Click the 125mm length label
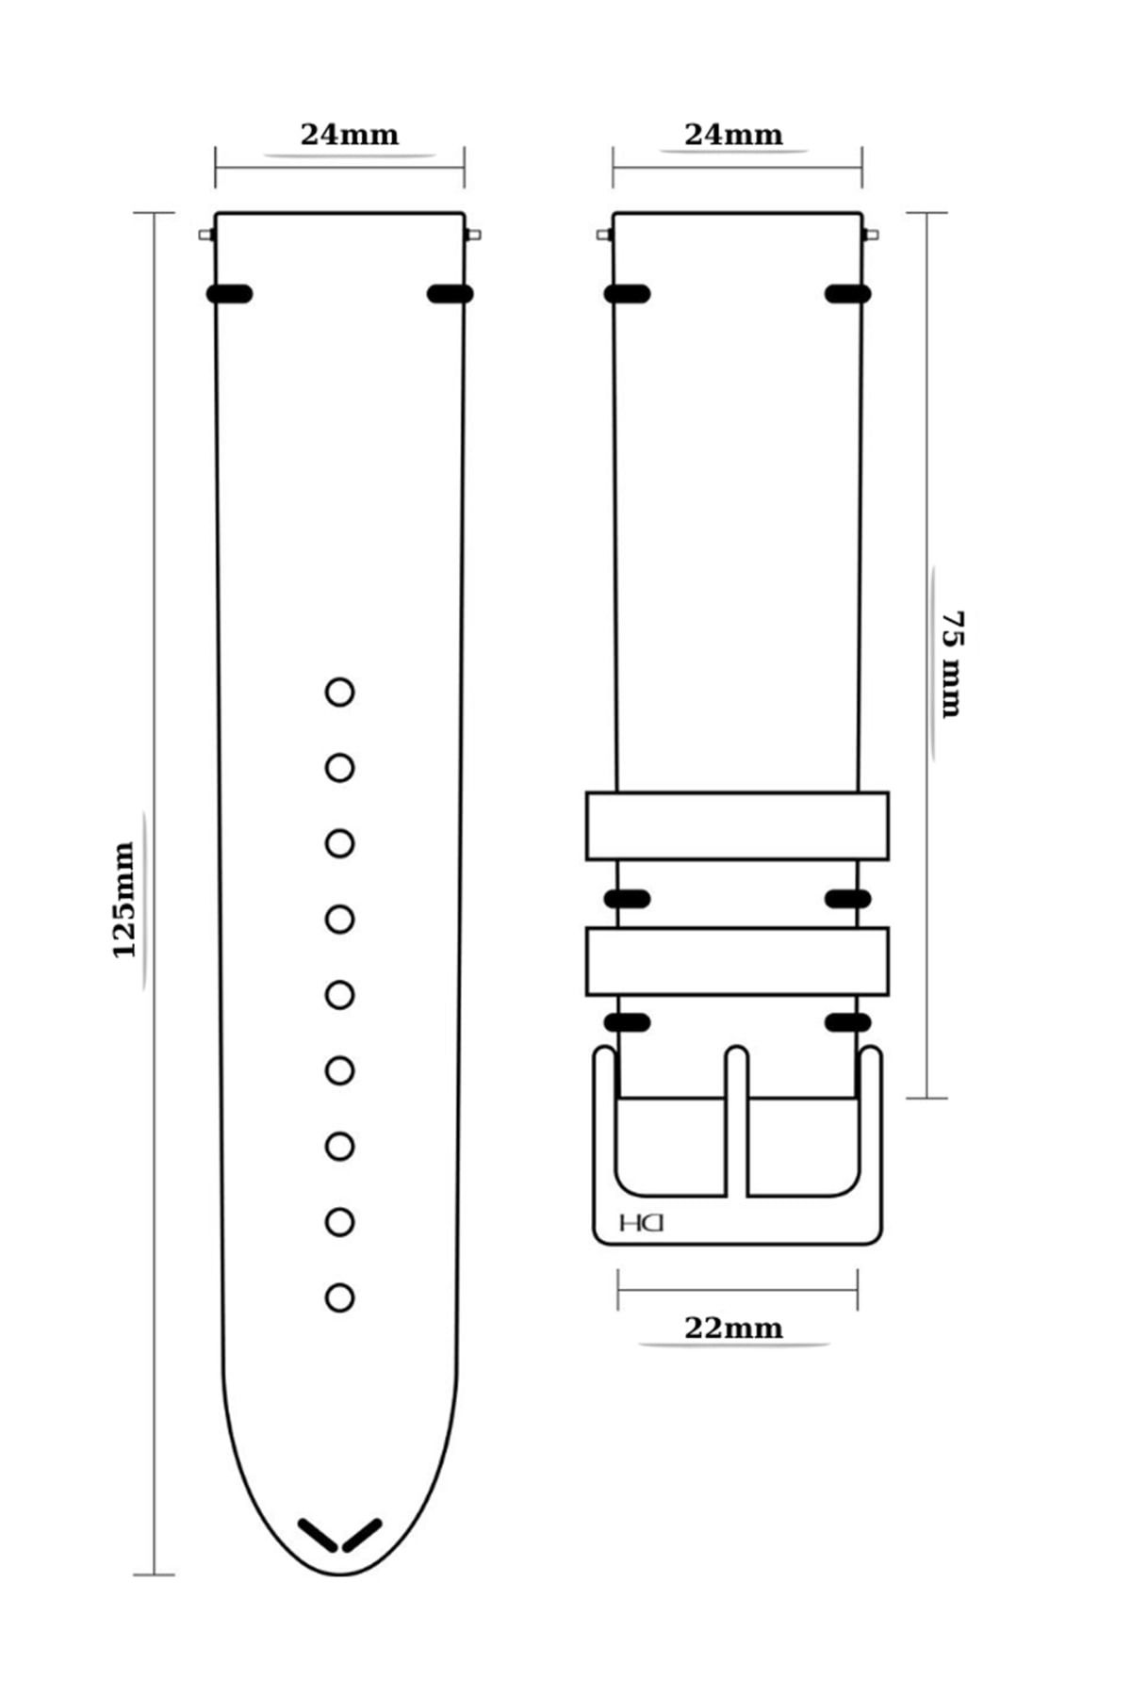coord(124,899)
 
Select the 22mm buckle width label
coord(733,1328)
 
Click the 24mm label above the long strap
coord(350,135)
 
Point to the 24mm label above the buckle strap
coord(733,135)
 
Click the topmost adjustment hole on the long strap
coord(339,693)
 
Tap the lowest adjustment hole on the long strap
coord(339,1297)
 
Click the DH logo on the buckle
coord(642,1222)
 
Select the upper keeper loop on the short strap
coord(737,825)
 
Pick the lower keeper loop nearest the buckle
coord(737,961)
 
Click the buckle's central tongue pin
coord(737,1121)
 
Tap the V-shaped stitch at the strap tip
coord(339,1534)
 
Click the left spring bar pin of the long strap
coord(207,235)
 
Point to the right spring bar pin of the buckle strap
coord(870,235)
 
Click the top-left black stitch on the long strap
coord(229,294)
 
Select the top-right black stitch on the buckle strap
coord(847,294)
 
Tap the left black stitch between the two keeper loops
coord(627,899)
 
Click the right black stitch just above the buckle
coord(847,1023)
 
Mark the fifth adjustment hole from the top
coord(339,995)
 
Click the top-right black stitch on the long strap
coord(450,294)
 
